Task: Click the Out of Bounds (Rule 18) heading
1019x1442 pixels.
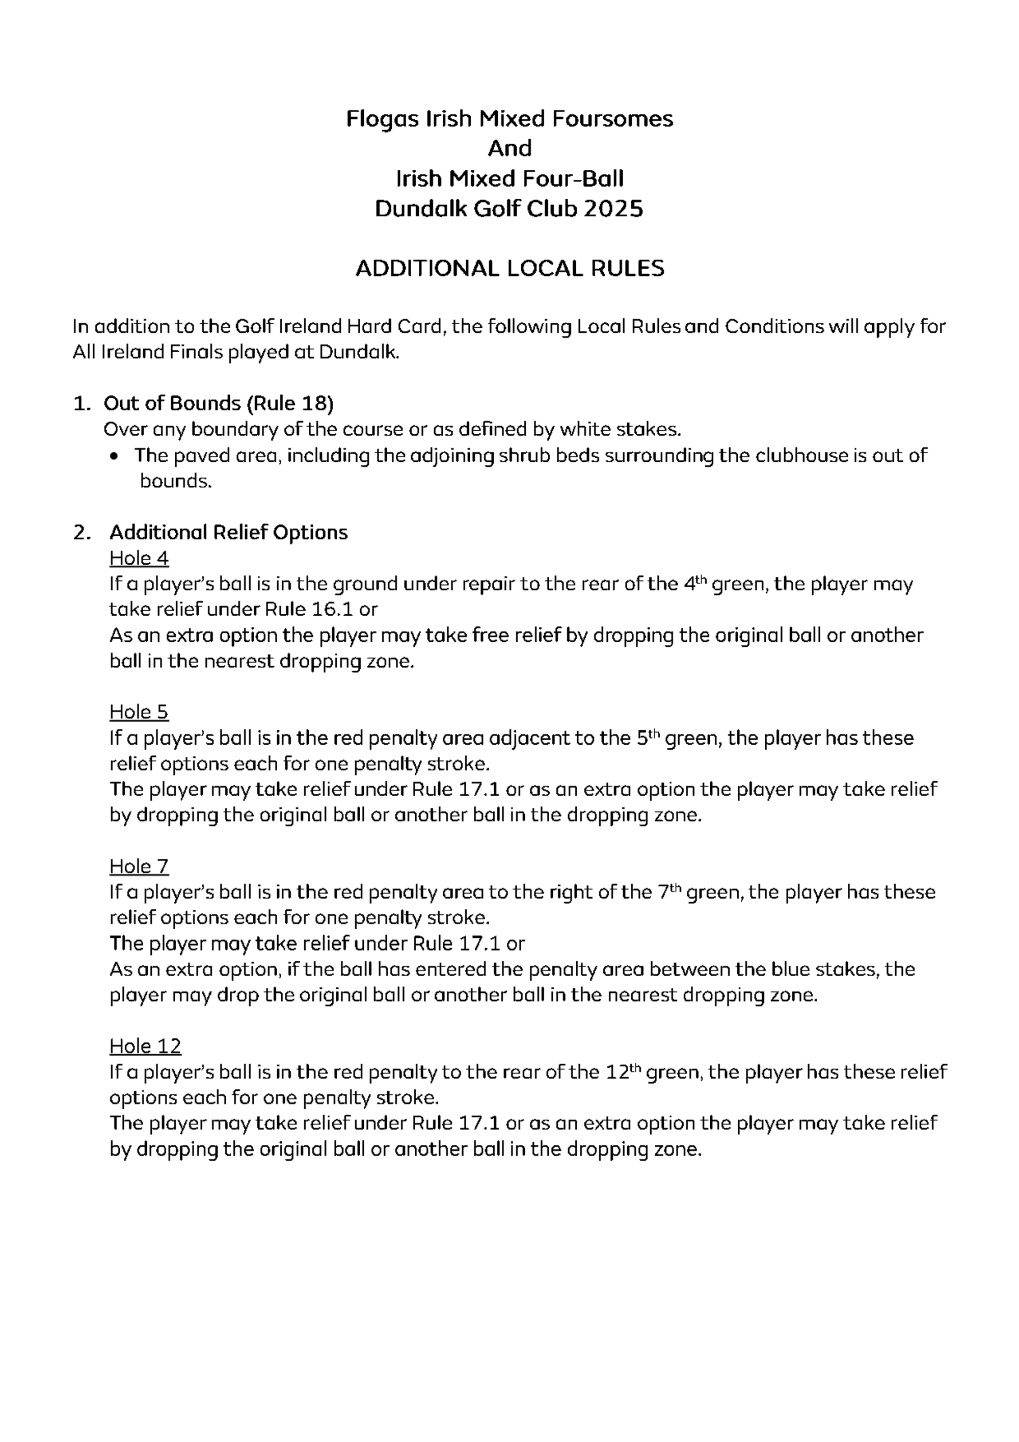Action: (218, 403)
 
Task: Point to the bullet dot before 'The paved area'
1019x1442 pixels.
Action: (113, 457)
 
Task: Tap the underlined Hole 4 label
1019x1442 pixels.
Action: (139, 558)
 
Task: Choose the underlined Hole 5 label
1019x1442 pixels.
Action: (139, 712)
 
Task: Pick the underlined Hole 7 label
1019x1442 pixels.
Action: (139, 867)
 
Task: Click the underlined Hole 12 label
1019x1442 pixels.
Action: (145, 1046)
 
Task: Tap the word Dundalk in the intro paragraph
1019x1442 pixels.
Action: (359, 352)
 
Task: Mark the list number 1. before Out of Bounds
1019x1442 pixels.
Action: (82, 403)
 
